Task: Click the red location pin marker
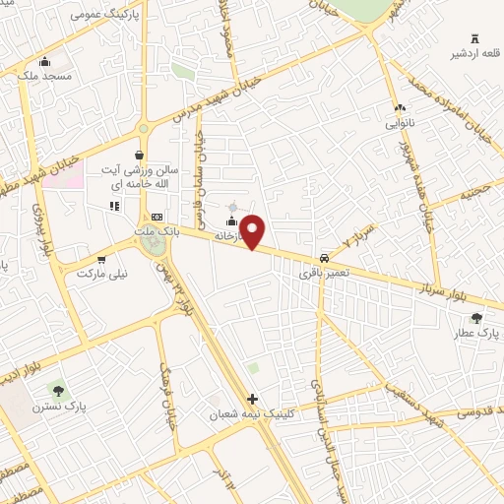tap(252, 231)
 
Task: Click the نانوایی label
tap(399, 125)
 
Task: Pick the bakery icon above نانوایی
tap(399, 108)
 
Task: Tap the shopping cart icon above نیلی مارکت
tap(101, 259)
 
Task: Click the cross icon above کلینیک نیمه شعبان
tap(253, 399)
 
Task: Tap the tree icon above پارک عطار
tap(477, 318)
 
